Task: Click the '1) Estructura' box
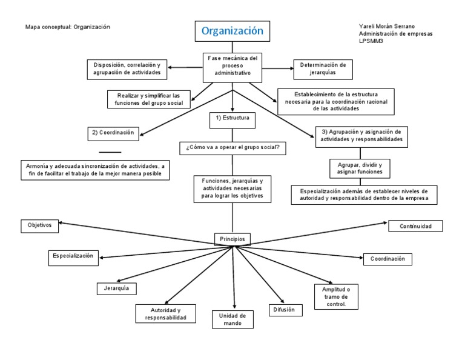(x=232, y=119)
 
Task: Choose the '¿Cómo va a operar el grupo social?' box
(x=232, y=148)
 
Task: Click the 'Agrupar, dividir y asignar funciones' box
(x=360, y=168)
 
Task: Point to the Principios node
(x=232, y=239)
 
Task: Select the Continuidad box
(x=415, y=226)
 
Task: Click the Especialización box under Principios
(x=73, y=257)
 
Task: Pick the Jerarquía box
(x=116, y=288)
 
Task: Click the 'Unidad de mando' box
(x=232, y=319)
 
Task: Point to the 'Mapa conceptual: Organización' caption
(x=68, y=27)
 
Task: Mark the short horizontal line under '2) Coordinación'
(x=110, y=152)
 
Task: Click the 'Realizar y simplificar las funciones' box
(x=148, y=99)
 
